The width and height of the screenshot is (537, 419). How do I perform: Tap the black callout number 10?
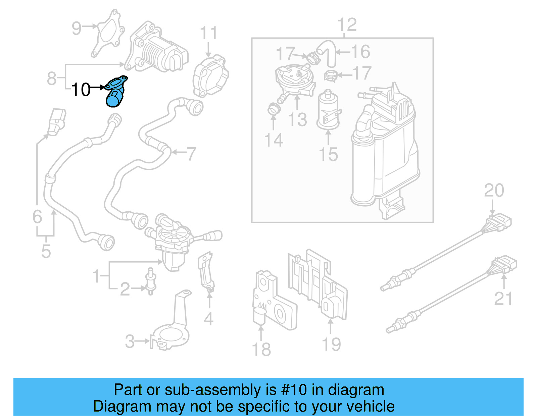point(81,90)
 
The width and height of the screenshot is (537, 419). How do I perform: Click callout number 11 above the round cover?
point(208,33)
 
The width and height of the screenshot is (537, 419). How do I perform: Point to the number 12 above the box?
point(347,25)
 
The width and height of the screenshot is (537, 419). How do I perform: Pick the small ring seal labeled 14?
point(273,109)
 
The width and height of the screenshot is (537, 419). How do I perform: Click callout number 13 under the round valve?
point(297,120)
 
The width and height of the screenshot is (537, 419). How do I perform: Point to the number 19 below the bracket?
point(331,345)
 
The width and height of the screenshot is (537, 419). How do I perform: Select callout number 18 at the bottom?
point(261,349)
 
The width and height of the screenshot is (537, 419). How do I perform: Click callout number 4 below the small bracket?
point(208,319)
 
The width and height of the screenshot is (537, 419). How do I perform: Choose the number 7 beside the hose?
point(191,154)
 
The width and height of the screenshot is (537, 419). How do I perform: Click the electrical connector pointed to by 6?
point(57,121)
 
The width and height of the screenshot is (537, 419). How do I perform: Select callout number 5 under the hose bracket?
point(46,251)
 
